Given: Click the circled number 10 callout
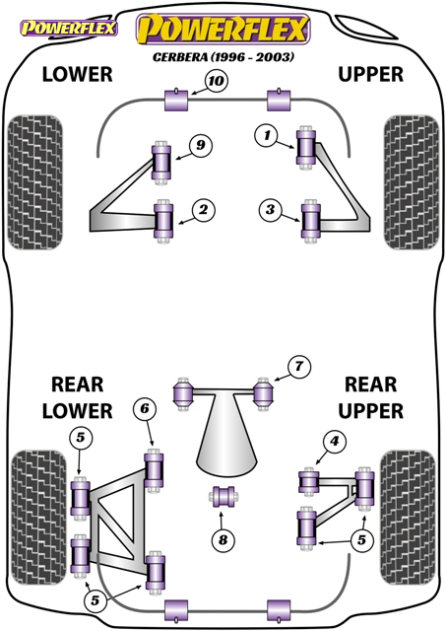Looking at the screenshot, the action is (217, 81).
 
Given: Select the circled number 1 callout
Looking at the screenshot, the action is (267, 136).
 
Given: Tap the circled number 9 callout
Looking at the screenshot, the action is (201, 145).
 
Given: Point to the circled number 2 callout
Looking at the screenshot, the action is (204, 210).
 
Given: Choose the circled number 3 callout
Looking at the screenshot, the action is (270, 209).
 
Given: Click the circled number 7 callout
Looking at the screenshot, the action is (299, 367).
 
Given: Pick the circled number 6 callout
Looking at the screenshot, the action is (145, 409).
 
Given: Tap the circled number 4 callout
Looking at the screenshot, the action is (335, 442).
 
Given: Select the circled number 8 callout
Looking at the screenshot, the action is (223, 539).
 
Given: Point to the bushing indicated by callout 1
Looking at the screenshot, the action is (306, 148).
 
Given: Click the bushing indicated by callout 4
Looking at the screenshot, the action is (308, 482).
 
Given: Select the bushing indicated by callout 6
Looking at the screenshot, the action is (154, 469).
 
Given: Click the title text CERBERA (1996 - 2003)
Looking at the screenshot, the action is (223, 57).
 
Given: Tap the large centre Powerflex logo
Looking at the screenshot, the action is (223, 29).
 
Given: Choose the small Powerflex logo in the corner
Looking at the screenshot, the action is (69, 28).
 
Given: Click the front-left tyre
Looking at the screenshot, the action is (35, 182).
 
